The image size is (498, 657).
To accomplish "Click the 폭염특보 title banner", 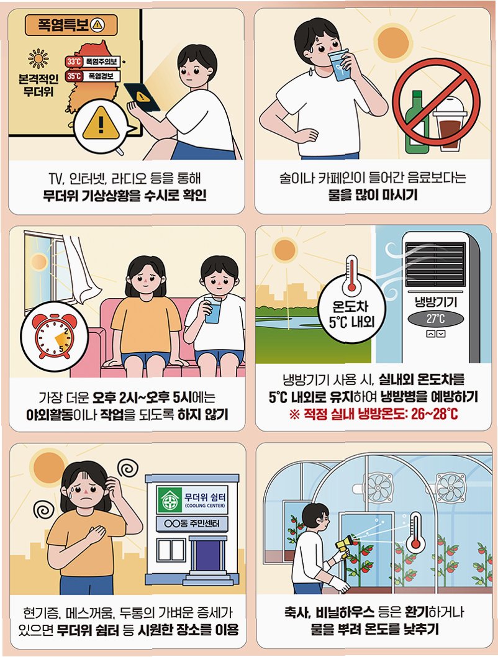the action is [71, 25].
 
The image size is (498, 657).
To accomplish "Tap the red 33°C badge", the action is [74, 62].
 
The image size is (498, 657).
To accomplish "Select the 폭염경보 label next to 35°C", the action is [101, 76].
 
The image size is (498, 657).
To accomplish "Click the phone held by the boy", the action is [142, 97].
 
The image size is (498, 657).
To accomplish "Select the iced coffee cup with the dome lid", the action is [450, 124].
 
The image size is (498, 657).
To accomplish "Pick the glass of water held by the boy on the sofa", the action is [213, 309].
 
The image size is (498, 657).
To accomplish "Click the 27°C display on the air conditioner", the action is [435, 319].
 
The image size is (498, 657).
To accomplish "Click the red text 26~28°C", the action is [434, 414].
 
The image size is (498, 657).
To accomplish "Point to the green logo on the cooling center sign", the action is [170, 500].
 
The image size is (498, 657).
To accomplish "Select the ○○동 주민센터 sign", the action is [192, 523].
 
